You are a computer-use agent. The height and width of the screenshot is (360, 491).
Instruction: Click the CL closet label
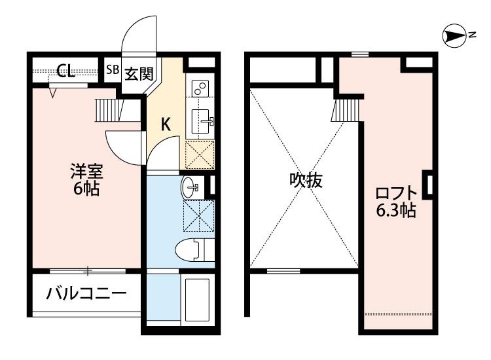(x=65, y=71)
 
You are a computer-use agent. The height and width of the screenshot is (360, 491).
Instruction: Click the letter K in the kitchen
(x=166, y=124)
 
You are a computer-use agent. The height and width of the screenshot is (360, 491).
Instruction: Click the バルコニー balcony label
(x=86, y=293)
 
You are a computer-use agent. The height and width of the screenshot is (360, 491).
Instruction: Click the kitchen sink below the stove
(x=201, y=120)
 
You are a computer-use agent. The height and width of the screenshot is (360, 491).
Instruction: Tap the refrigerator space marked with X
(x=200, y=155)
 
